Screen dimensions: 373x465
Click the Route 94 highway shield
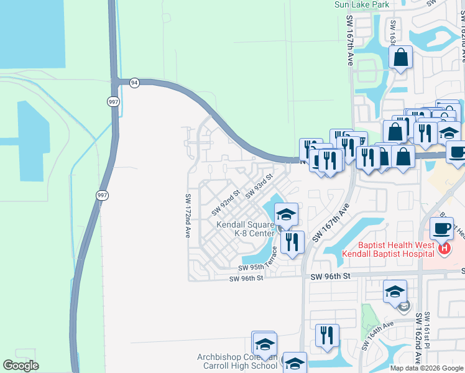(134, 82)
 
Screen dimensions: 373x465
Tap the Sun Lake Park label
(362, 4)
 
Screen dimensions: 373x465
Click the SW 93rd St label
(259, 187)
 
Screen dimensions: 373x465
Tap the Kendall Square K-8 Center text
(245, 228)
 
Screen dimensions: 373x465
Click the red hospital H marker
(444, 249)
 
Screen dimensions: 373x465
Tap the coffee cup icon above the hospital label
(442, 229)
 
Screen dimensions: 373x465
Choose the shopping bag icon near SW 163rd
(401, 58)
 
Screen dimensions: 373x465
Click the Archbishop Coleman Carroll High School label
(237, 361)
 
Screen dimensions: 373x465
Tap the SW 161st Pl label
(427, 331)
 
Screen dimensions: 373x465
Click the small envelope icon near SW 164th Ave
(404, 305)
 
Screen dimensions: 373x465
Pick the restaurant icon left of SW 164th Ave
(327, 336)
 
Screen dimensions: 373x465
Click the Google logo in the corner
(21, 366)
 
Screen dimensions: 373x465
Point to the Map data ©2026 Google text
(426, 368)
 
